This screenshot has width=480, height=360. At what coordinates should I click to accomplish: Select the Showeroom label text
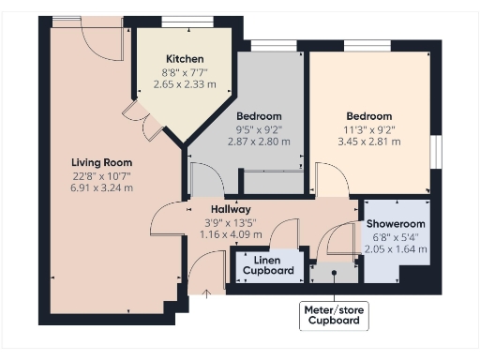(x=395, y=224)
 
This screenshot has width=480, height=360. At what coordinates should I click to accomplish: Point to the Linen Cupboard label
(x=267, y=265)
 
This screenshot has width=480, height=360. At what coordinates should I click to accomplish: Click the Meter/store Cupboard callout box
(x=335, y=315)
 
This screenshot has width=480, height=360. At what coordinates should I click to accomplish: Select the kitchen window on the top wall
(x=188, y=21)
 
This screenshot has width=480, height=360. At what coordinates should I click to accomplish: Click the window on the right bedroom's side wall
(x=435, y=152)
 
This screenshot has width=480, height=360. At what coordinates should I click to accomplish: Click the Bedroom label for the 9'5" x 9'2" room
(x=259, y=116)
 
